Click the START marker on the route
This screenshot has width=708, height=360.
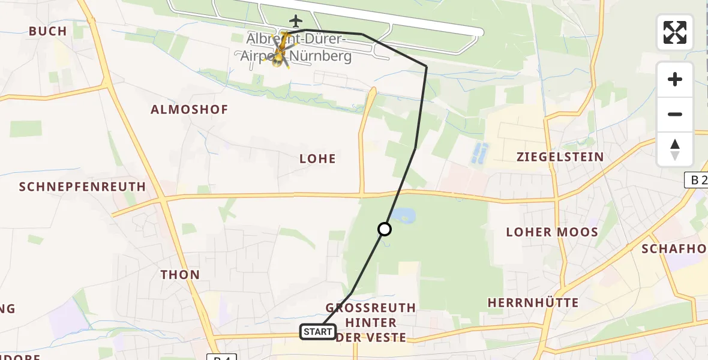point(318,332)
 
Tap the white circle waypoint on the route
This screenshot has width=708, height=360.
point(385,229)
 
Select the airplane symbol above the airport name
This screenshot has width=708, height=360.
point(295,22)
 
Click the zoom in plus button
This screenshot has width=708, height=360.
point(675,79)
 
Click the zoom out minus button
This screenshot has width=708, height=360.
point(675,114)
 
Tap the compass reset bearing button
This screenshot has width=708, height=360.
point(675,149)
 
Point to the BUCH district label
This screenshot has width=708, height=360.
point(47,31)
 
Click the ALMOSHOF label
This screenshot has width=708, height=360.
point(190,110)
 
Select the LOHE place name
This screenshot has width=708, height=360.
point(317,159)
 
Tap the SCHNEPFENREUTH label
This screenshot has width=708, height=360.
point(83,187)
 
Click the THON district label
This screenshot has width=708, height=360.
point(180,275)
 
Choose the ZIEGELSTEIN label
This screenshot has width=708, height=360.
point(560,157)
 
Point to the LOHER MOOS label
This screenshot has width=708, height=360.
point(552,232)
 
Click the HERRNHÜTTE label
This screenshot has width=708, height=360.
point(533,303)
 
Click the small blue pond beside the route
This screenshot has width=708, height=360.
point(400,215)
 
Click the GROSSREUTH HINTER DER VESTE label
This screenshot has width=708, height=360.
point(371,323)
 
